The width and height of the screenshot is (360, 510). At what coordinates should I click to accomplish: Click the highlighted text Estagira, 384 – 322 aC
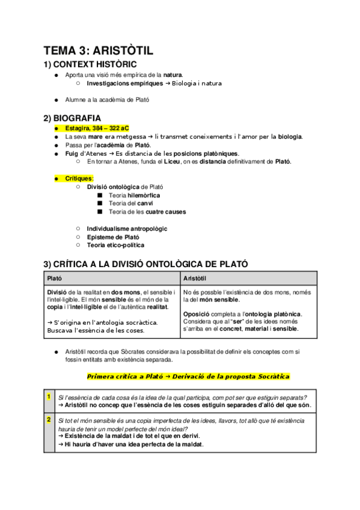pyautogui.click(x=97, y=128)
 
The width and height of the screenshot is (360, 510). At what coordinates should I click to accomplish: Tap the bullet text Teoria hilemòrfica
pyautogui.click(x=135, y=195)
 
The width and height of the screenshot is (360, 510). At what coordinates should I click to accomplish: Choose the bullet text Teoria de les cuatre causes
pyautogui.click(x=147, y=212)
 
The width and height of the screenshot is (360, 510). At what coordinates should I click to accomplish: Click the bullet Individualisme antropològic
pyautogui.click(x=127, y=229)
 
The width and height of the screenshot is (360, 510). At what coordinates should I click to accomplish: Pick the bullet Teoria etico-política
pyautogui.click(x=115, y=245)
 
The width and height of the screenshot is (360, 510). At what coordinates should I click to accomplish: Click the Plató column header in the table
pyautogui.click(x=55, y=278)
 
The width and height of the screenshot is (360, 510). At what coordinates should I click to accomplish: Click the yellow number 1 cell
pyautogui.click(x=48, y=396)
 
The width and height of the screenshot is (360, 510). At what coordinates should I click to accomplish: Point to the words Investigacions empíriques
pyautogui.click(x=124, y=83)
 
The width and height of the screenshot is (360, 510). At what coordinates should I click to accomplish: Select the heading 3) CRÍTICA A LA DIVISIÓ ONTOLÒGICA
pyautogui.click(x=145, y=263)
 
